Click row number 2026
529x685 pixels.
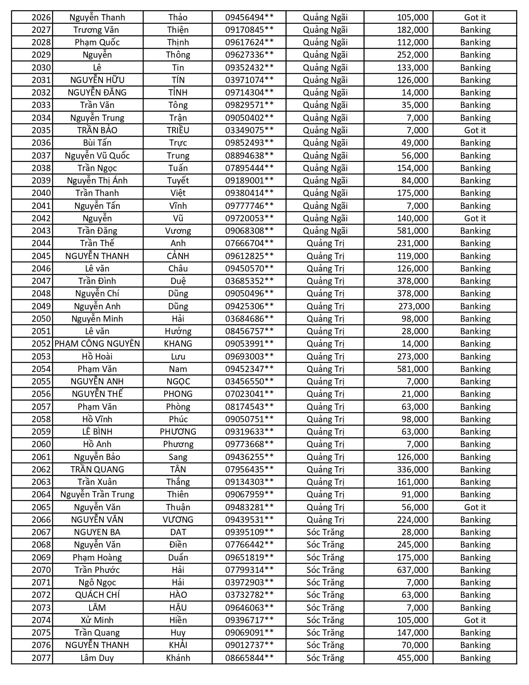coord(41,17)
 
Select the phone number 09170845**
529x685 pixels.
coord(249,30)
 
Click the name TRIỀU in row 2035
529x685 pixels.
coord(178,130)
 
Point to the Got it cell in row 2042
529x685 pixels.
coord(475,218)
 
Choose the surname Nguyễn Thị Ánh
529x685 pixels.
coord(97,181)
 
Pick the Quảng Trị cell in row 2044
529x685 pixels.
coord(325,243)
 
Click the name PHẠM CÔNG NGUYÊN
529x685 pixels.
coord(97,344)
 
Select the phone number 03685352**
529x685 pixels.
coord(249,281)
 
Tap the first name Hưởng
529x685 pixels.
coord(178,331)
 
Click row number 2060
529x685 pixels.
coord(41,444)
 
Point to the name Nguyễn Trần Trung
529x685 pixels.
coord(97,494)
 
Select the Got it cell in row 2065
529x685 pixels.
coord(475,507)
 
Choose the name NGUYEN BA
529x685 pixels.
coord(97,532)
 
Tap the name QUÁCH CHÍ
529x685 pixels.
coord(97,595)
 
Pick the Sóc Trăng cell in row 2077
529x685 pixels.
coord(325,658)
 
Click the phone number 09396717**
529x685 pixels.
coord(249,620)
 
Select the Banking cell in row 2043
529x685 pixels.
coord(475,231)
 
